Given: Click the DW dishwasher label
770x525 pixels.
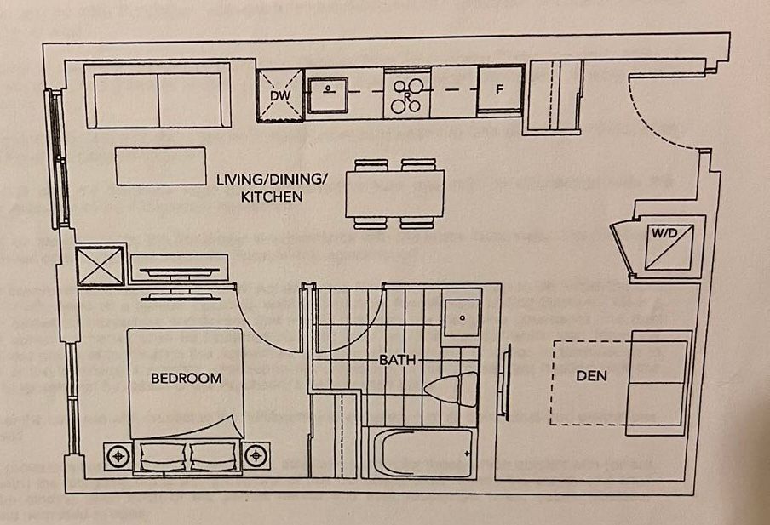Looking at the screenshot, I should [280, 95].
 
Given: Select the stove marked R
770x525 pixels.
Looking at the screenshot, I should [408, 94].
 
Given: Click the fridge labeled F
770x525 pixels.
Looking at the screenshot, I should [501, 88].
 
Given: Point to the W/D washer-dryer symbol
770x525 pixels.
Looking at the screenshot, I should [669, 243].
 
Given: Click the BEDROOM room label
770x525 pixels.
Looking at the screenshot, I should [186, 378].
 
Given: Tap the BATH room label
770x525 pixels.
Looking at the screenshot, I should [398, 360].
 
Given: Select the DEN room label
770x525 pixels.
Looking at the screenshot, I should [591, 375].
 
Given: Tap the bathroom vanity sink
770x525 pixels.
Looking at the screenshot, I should [462, 318].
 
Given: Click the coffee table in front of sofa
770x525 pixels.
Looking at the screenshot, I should [161, 166].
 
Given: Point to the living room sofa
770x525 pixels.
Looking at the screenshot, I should [159, 100].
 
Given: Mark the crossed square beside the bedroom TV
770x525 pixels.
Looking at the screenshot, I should [101, 265].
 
